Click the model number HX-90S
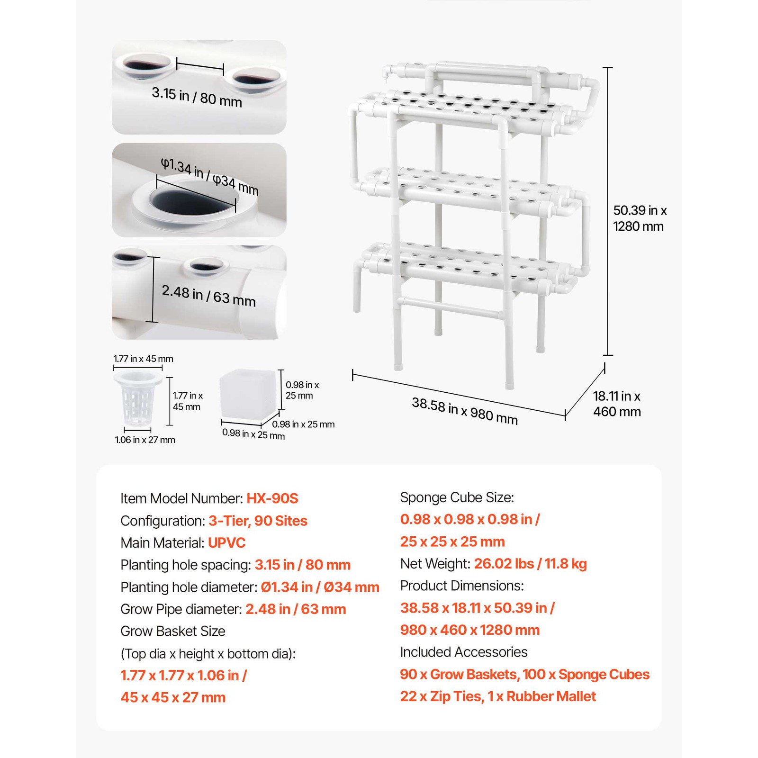click(272, 498)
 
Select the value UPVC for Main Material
click(226, 542)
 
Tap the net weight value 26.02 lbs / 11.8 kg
click(530, 564)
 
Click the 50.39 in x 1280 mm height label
click(640, 218)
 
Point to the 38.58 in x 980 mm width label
click(464, 411)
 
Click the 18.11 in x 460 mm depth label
click(617, 404)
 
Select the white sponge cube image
click(247, 397)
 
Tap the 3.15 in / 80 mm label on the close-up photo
click(197, 97)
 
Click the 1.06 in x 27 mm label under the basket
click(145, 440)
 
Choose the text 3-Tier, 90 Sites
click(258, 521)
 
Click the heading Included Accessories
click(463, 652)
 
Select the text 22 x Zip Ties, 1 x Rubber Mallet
click(497, 696)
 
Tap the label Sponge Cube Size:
click(457, 497)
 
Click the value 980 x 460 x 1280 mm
click(469, 630)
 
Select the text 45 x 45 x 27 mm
click(173, 697)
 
